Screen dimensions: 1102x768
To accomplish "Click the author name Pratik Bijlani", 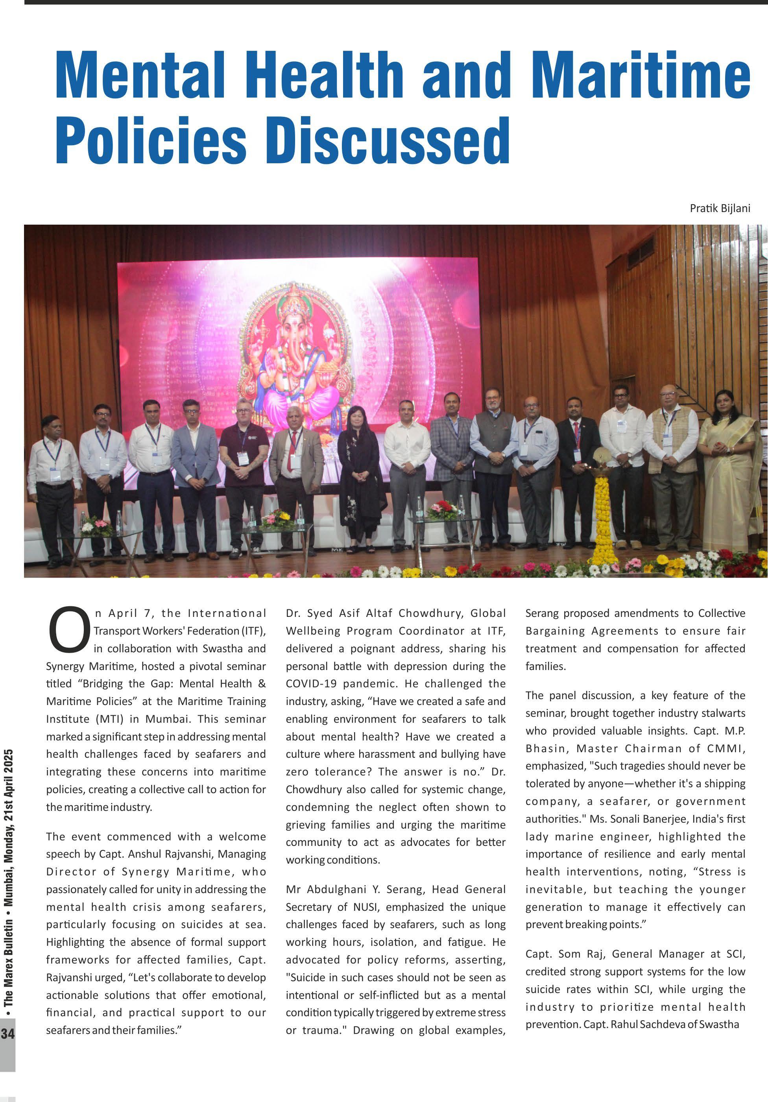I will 720,208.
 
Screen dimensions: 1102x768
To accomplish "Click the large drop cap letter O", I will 68,630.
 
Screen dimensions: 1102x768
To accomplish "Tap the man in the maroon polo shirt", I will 244,461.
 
